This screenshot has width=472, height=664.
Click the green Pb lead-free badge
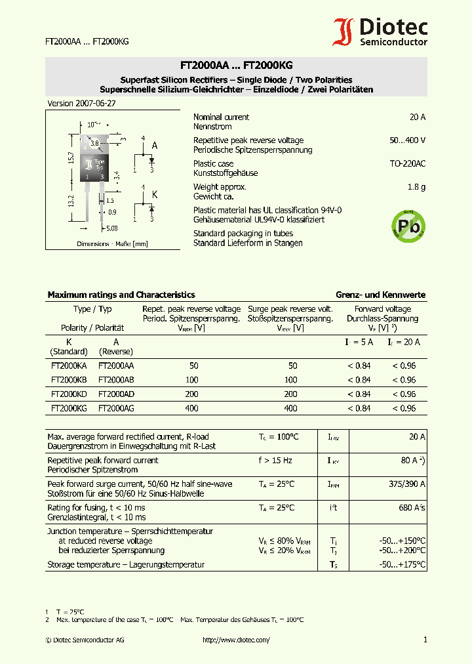click(407, 226)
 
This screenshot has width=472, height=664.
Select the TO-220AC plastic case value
click(407, 163)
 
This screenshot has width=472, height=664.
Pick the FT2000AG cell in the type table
click(116, 408)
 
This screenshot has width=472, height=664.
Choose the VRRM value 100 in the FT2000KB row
click(192, 380)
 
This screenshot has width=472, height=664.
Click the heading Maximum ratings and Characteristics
click(121, 295)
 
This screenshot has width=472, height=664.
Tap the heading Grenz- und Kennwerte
click(380, 295)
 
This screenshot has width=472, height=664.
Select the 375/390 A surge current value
click(407, 484)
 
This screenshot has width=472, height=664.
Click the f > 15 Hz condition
click(275, 461)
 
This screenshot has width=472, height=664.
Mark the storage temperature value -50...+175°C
click(402, 564)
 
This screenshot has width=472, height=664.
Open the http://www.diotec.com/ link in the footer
click(236, 640)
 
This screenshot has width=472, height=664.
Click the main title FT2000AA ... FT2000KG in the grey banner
click(236, 66)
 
